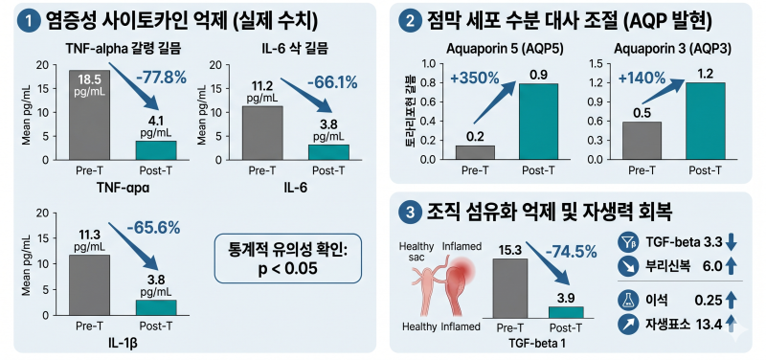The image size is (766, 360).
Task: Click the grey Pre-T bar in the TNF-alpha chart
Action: (89, 115)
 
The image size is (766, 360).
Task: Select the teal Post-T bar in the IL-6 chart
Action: (328, 152)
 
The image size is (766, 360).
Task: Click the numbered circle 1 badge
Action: (30, 21)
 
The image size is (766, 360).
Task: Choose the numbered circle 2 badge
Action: (409, 21)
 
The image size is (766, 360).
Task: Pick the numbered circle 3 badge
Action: (409, 213)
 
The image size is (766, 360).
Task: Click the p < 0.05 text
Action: (288, 269)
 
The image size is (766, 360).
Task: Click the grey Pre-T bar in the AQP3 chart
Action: (641, 141)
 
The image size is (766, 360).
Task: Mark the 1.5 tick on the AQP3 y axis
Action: (597, 64)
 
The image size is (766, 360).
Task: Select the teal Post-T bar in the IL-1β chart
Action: (156, 307)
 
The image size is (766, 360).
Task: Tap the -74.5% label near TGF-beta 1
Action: (571, 252)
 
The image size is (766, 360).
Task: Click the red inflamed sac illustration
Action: (460, 283)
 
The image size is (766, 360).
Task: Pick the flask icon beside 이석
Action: (626, 301)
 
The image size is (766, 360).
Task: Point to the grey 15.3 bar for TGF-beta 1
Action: (510, 289)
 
